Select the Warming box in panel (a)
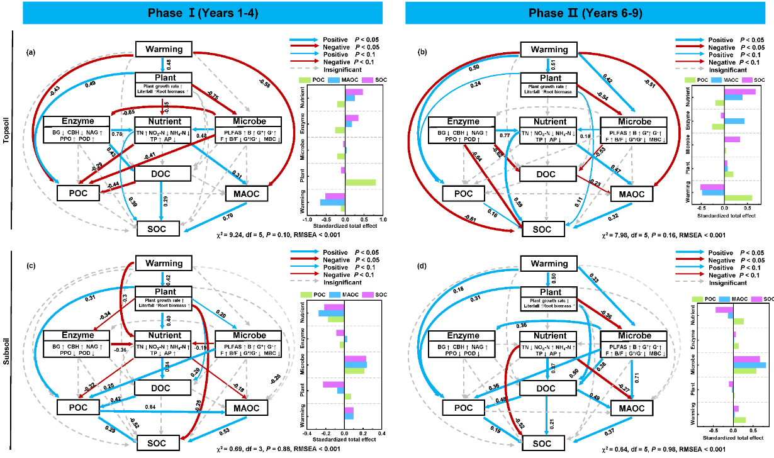(164, 49)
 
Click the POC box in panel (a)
(78, 193)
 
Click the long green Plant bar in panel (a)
(360, 183)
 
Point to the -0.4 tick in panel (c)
(306, 433)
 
